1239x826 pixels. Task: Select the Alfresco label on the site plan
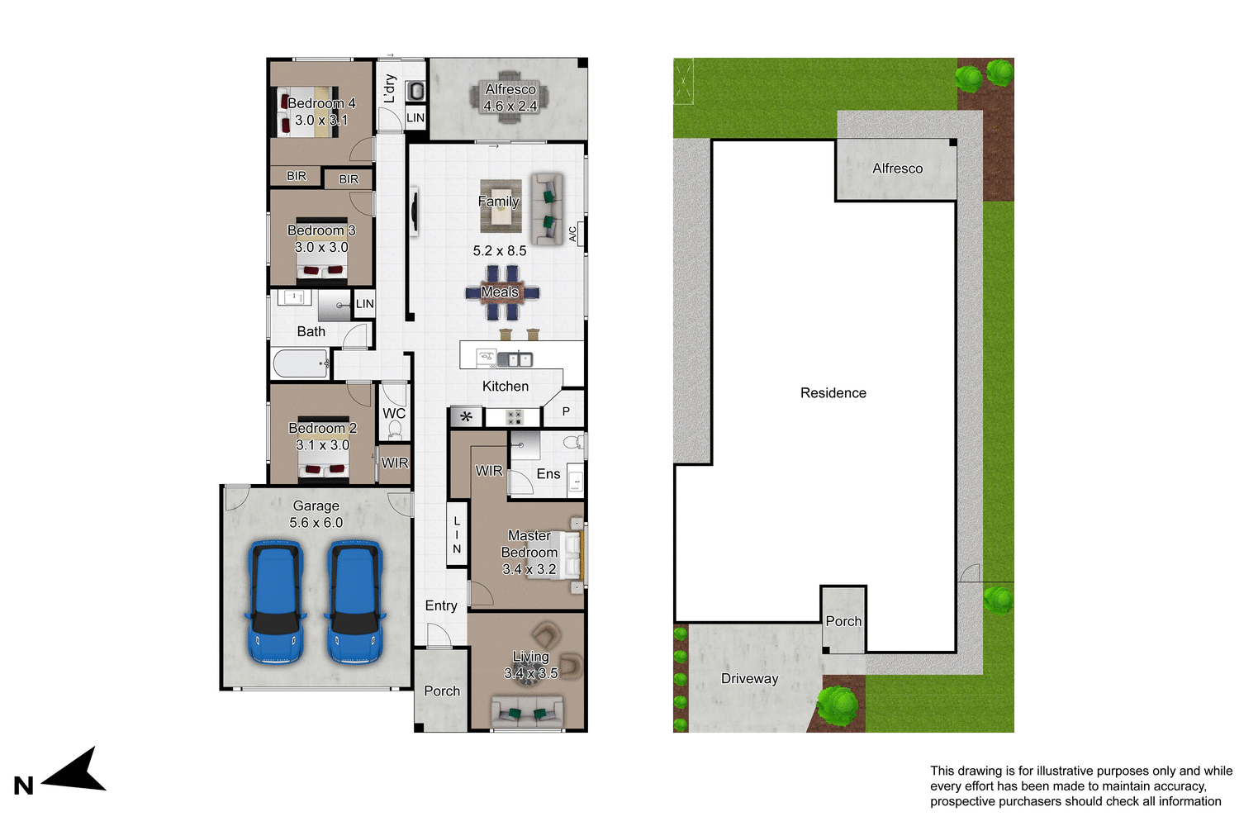[897, 169]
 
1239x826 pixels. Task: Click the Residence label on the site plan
[833, 393]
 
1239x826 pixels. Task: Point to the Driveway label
[749, 679]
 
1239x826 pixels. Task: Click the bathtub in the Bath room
[300, 363]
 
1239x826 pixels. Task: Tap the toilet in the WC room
[395, 430]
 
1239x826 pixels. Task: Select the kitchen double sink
[513, 359]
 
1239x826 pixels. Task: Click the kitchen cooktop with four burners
[514, 417]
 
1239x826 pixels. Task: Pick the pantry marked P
[566, 411]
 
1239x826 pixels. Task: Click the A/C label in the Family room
[572, 235]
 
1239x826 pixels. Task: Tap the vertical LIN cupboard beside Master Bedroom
[457, 535]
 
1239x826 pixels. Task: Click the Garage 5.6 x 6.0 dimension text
[316, 523]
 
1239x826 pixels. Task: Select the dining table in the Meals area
[501, 292]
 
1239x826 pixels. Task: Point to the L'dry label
[390, 88]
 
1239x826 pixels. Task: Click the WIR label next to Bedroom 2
[394, 463]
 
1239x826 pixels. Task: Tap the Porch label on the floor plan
[442, 691]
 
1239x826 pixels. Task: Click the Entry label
[441, 606]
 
